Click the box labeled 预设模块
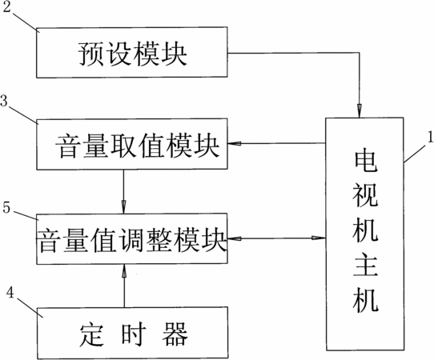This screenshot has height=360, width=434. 132,52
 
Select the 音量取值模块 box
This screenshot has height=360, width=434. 132,144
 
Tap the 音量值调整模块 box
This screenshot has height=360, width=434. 132,238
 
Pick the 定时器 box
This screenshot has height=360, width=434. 133,333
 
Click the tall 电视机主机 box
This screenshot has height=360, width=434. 364,234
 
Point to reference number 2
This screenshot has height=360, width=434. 6,7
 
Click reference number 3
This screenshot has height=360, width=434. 4,101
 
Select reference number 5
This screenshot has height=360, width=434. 6,207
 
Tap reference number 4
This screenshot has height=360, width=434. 10,293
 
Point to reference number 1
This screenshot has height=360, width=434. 431,137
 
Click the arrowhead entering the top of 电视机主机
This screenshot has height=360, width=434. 360,111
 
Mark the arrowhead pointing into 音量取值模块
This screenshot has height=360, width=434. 235,143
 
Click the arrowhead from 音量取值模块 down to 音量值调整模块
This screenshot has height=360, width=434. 124,206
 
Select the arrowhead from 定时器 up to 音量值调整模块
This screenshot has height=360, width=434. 124,271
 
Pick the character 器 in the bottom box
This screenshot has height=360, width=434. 175,334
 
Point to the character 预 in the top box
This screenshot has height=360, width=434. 90,54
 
